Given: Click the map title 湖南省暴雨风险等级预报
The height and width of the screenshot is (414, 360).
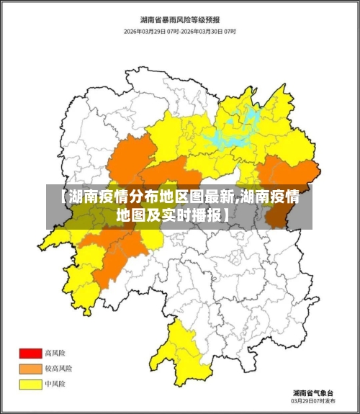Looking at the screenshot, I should tap(180, 19).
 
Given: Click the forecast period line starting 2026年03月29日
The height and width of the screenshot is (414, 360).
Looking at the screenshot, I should tap(180, 32).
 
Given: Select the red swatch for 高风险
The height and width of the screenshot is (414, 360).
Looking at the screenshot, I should tap(30, 354).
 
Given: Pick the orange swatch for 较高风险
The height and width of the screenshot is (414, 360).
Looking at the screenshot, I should tap(30, 369).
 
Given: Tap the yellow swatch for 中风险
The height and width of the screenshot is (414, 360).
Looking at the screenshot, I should tap(30, 384).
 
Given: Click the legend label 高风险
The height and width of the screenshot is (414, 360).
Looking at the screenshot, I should tap(55, 354).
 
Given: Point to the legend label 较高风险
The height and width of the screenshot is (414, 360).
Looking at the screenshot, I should tap(58, 369).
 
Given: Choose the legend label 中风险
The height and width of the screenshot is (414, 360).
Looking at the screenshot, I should tap(55, 384).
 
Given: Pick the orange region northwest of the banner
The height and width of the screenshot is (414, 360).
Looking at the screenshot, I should tap(133, 155).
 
